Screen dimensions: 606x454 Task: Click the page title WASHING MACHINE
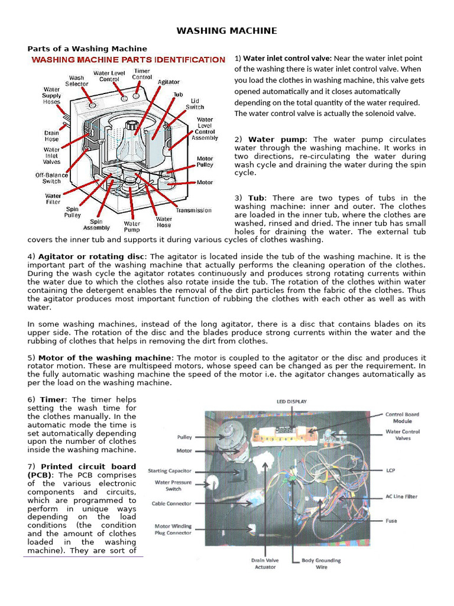pyautogui.click(x=227, y=31)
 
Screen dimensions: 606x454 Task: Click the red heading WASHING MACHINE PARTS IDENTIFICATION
pyautogui.click(x=128, y=60)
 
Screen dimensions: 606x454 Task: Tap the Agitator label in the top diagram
pyautogui.click(x=168, y=82)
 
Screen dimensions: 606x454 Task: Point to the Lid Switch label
pyautogui.click(x=194, y=104)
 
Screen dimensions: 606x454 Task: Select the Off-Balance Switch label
pyautogui.click(x=51, y=178)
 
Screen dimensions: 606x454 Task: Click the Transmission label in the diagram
pyautogui.click(x=193, y=210)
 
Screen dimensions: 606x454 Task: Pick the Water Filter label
pyautogui.click(x=53, y=199)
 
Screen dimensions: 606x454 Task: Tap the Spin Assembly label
pyautogui.click(x=96, y=224)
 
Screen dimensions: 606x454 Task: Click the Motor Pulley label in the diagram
pyautogui.click(x=205, y=162)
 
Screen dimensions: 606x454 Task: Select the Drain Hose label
pyautogui.click(x=51, y=137)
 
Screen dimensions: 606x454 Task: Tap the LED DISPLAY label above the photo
pyautogui.click(x=291, y=401)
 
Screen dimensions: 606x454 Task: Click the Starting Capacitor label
pyautogui.click(x=169, y=470)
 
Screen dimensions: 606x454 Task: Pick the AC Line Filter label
pyautogui.click(x=401, y=497)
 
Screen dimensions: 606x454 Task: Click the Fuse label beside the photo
pyautogui.click(x=391, y=521)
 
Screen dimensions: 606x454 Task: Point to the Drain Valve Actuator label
pyautogui.click(x=265, y=563)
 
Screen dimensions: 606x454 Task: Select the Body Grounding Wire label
pyautogui.click(x=321, y=563)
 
